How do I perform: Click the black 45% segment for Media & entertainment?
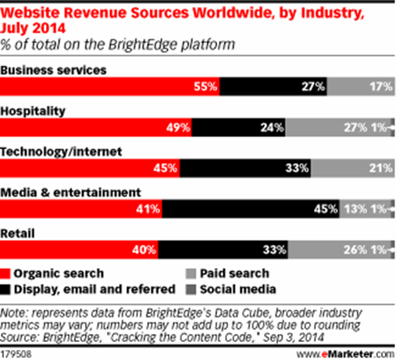(x=251, y=209)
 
